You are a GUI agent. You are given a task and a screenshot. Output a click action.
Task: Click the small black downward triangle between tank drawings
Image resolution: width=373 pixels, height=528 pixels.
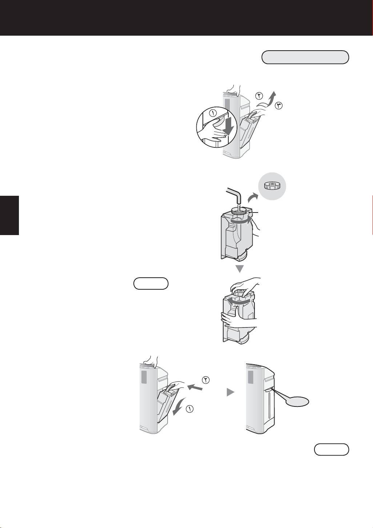(239, 269)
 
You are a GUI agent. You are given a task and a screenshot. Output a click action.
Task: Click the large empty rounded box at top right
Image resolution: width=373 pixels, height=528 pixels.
(305, 57)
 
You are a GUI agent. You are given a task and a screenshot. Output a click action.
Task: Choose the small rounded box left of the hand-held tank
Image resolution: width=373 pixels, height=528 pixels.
(151, 283)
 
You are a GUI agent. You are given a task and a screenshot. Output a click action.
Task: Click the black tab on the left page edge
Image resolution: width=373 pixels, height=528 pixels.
(9, 215)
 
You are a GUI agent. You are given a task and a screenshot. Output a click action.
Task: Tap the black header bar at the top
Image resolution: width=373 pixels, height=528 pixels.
(186, 17)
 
